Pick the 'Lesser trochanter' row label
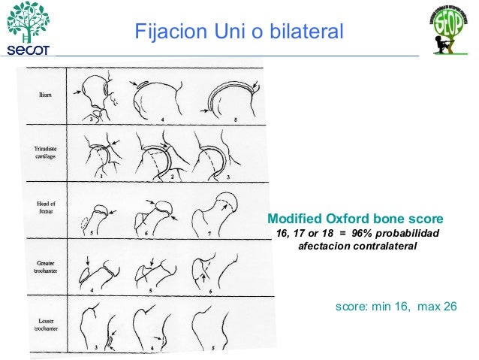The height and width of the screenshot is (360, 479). click(x=42, y=324)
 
